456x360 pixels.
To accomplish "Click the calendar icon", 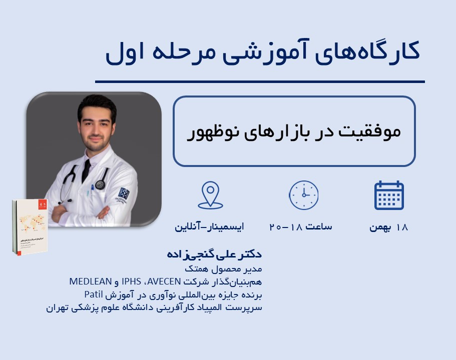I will [x=389, y=195].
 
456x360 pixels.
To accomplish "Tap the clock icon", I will [x=303, y=195].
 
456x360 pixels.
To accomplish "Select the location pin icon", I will [x=210, y=195].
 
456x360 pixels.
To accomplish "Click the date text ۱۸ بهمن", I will [x=389, y=227].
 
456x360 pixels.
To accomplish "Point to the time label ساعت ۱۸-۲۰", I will [x=301, y=227].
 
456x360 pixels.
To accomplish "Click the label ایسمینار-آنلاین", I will [x=209, y=227].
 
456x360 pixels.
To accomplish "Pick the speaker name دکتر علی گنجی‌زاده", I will [x=214, y=254].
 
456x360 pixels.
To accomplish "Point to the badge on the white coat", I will [x=123, y=193].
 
